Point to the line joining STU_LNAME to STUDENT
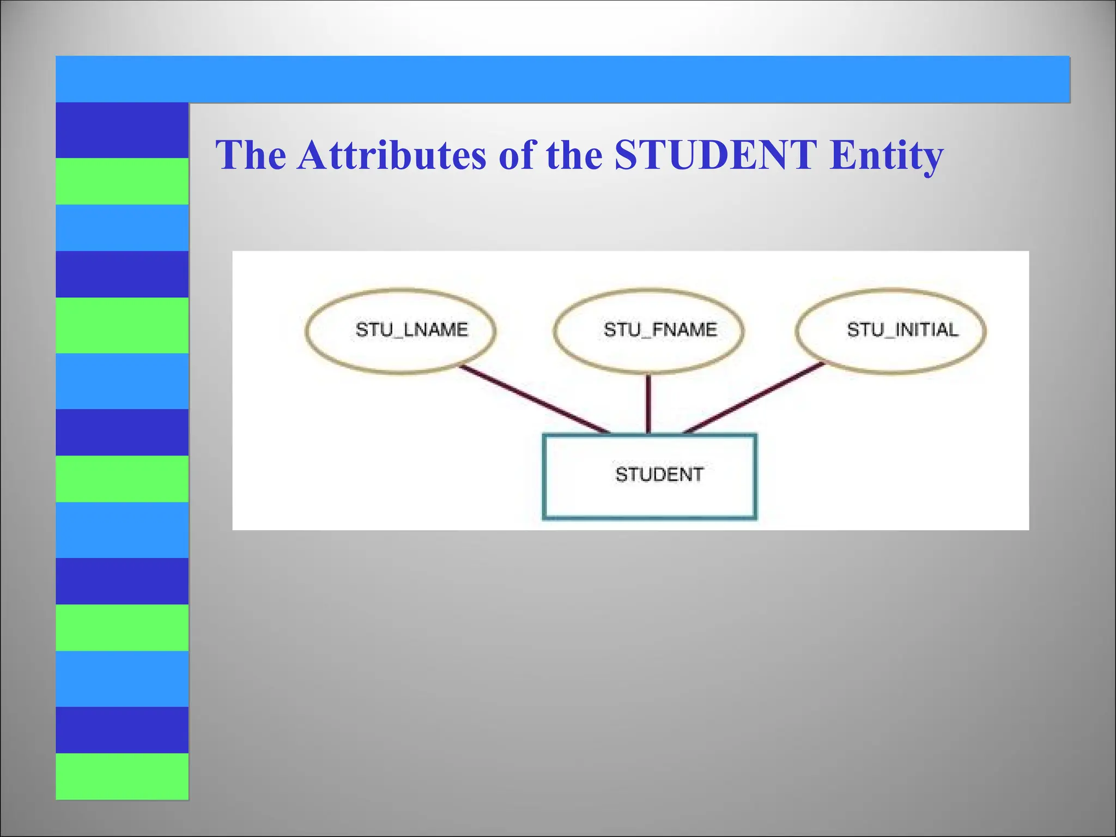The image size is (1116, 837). coord(534,399)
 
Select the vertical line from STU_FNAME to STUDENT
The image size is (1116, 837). coord(648,403)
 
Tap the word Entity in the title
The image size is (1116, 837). coord(886,155)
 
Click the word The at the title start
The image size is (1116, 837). coord(251,155)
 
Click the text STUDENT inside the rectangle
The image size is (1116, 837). coord(659,475)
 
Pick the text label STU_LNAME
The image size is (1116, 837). coord(412,330)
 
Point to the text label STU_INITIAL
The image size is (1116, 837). coord(902,330)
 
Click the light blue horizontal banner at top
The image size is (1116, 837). coord(561,79)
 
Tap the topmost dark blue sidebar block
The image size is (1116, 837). coord(122,130)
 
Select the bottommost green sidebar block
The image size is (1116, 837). coord(122,776)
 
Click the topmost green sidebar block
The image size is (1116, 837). coord(122,181)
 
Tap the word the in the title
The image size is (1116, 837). coord(574,155)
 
